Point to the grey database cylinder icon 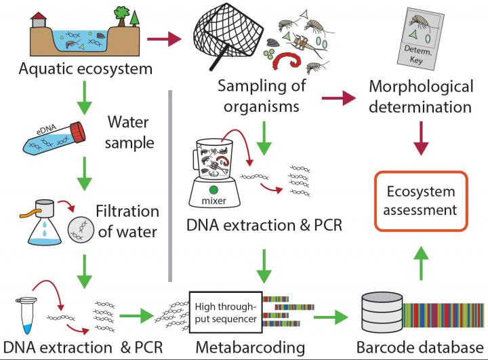tap(382, 314)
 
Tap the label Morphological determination tap(422, 97)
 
